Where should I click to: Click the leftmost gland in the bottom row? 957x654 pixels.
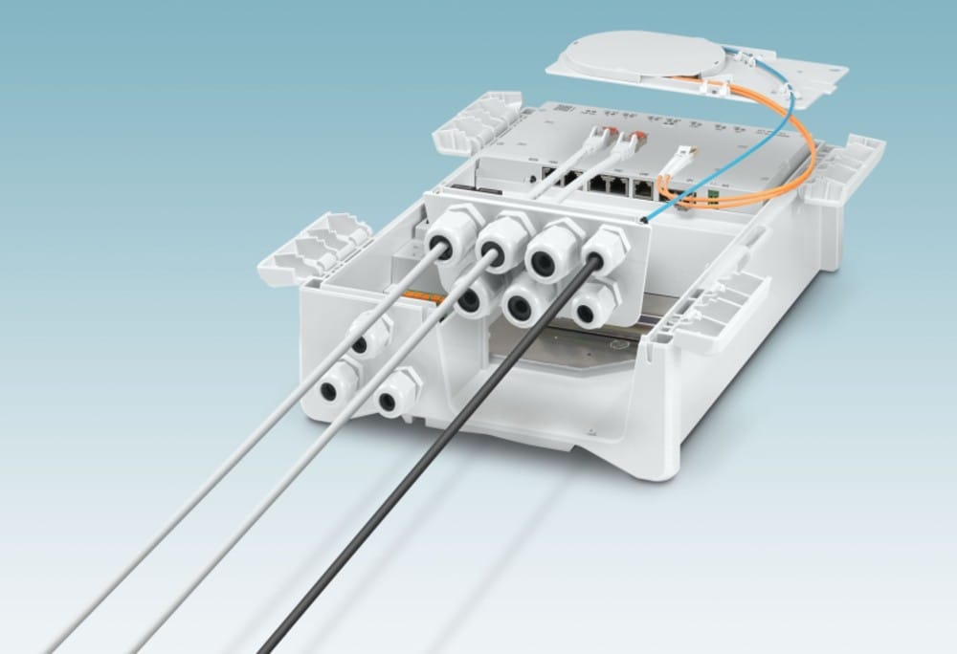coord(471,300)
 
